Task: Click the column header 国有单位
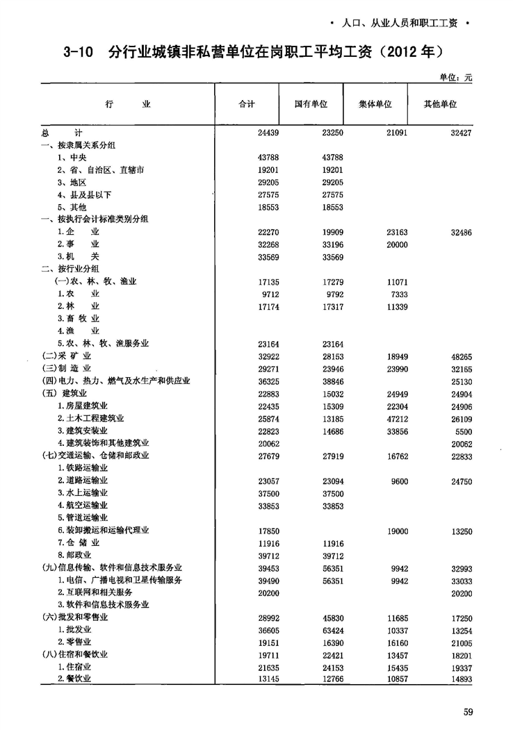coord(311,103)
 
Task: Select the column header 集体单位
coord(375,103)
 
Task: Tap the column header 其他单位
coord(440,103)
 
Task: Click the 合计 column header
coord(247,103)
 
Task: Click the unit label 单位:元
coord(455,78)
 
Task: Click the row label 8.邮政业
coord(76,555)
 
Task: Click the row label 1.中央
coord(71,157)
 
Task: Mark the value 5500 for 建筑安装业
coord(463,431)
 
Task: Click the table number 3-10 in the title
coord(77,52)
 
